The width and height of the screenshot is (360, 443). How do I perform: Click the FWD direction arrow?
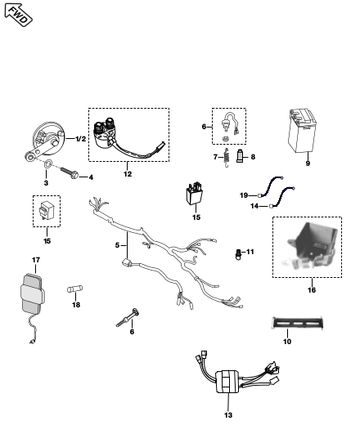click(x=18, y=15)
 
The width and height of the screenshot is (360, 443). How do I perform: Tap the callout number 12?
click(x=128, y=174)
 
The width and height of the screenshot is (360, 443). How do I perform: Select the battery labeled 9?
click(x=302, y=131)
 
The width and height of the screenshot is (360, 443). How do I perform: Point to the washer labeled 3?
click(x=48, y=163)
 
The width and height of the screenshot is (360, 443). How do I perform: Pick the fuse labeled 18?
click(x=75, y=289)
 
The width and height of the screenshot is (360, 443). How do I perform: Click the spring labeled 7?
click(x=226, y=158)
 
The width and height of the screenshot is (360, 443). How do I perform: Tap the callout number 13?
click(x=228, y=415)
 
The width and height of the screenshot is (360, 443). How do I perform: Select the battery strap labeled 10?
click(x=298, y=323)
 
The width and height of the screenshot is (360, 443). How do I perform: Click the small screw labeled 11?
click(x=238, y=254)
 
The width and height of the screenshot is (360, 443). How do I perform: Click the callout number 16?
click(x=312, y=290)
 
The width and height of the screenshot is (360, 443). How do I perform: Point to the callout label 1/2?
click(x=81, y=139)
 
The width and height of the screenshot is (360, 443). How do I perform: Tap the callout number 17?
click(x=36, y=260)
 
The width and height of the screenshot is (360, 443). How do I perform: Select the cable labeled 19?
click(x=271, y=186)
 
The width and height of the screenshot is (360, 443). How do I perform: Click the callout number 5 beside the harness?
click(x=117, y=245)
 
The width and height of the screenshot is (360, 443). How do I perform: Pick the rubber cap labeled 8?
click(x=240, y=156)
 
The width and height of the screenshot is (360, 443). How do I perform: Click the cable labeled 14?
click(x=282, y=197)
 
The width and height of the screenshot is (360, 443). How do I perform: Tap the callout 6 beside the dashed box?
click(x=204, y=127)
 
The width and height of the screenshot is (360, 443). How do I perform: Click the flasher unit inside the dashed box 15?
click(x=46, y=210)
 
